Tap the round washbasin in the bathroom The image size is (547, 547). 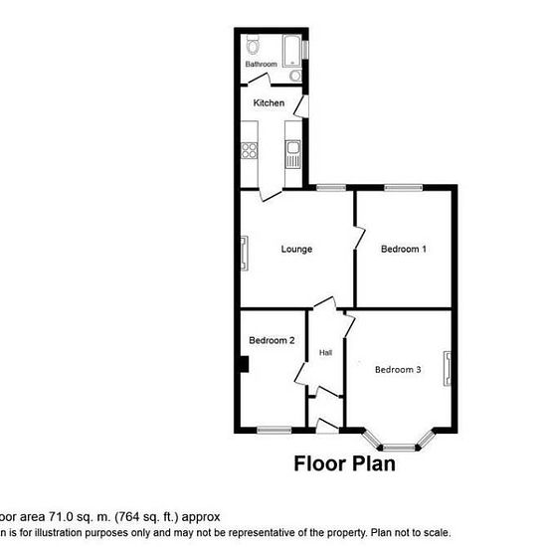295,75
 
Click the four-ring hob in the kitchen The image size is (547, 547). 250,152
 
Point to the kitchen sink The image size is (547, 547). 293,153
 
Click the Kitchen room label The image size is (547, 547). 269,103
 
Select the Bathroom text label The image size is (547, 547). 262,65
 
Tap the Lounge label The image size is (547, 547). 296,249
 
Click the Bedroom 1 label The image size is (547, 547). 404,249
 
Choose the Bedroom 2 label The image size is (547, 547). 272,340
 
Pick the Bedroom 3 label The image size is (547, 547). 398,370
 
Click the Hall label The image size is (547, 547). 325,353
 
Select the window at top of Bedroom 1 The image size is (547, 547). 403,187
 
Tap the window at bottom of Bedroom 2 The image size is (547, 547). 273,430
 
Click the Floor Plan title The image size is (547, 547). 344,463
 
